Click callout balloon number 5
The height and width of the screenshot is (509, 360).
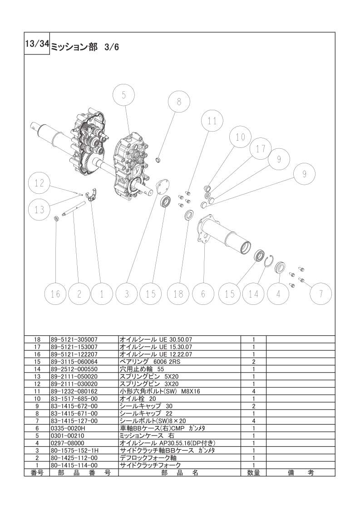(x=124, y=95)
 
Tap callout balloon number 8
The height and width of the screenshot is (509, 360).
(x=179, y=102)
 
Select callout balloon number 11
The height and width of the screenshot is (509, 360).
(x=212, y=121)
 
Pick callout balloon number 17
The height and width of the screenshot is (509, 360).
(x=261, y=149)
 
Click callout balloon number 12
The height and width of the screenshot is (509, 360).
(x=39, y=183)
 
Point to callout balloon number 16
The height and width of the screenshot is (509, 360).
(x=55, y=294)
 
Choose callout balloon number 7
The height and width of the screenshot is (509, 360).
(x=321, y=294)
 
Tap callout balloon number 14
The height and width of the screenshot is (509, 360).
(x=253, y=294)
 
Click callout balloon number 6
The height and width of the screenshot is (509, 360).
(x=203, y=294)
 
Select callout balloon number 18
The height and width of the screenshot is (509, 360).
(x=178, y=294)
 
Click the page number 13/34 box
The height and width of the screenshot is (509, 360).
(x=37, y=44)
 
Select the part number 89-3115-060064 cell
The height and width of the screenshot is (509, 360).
(x=74, y=361)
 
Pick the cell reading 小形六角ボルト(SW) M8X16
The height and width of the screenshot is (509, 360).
(x=160, y=391)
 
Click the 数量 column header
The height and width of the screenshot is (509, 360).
(x=253, y=473)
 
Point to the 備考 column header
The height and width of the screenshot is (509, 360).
(x=301, y=473)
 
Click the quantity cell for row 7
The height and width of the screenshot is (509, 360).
(x=253, y=421)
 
